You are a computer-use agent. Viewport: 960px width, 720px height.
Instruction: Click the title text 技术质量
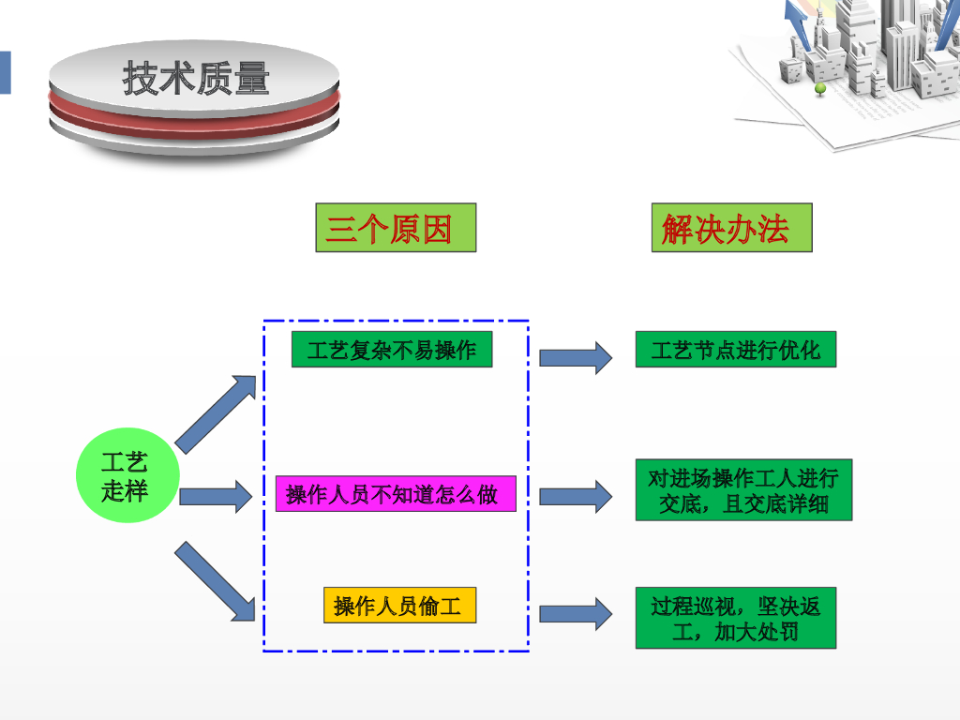click(195, 79)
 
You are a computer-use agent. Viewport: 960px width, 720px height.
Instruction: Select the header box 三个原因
click(396, 228)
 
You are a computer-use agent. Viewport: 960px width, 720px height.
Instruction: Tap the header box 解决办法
click(731, 228)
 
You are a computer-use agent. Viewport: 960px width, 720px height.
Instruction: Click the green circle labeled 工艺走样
click(126, 476)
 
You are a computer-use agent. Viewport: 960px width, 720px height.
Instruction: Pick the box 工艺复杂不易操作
click(392, 350)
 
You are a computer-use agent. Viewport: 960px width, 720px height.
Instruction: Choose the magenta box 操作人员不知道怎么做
click(396, 494)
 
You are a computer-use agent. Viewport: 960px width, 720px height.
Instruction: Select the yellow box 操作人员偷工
click(399, 606)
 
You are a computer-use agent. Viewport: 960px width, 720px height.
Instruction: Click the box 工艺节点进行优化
click(735, 350)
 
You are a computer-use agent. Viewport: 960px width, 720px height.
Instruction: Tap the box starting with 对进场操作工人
click(743, 490)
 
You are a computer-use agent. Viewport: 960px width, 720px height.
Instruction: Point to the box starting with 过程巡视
click(735, 618)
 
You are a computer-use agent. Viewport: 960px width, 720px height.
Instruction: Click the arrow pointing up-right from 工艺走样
click(217, 412)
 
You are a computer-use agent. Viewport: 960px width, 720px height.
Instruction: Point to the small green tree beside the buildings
click(820, 89)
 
